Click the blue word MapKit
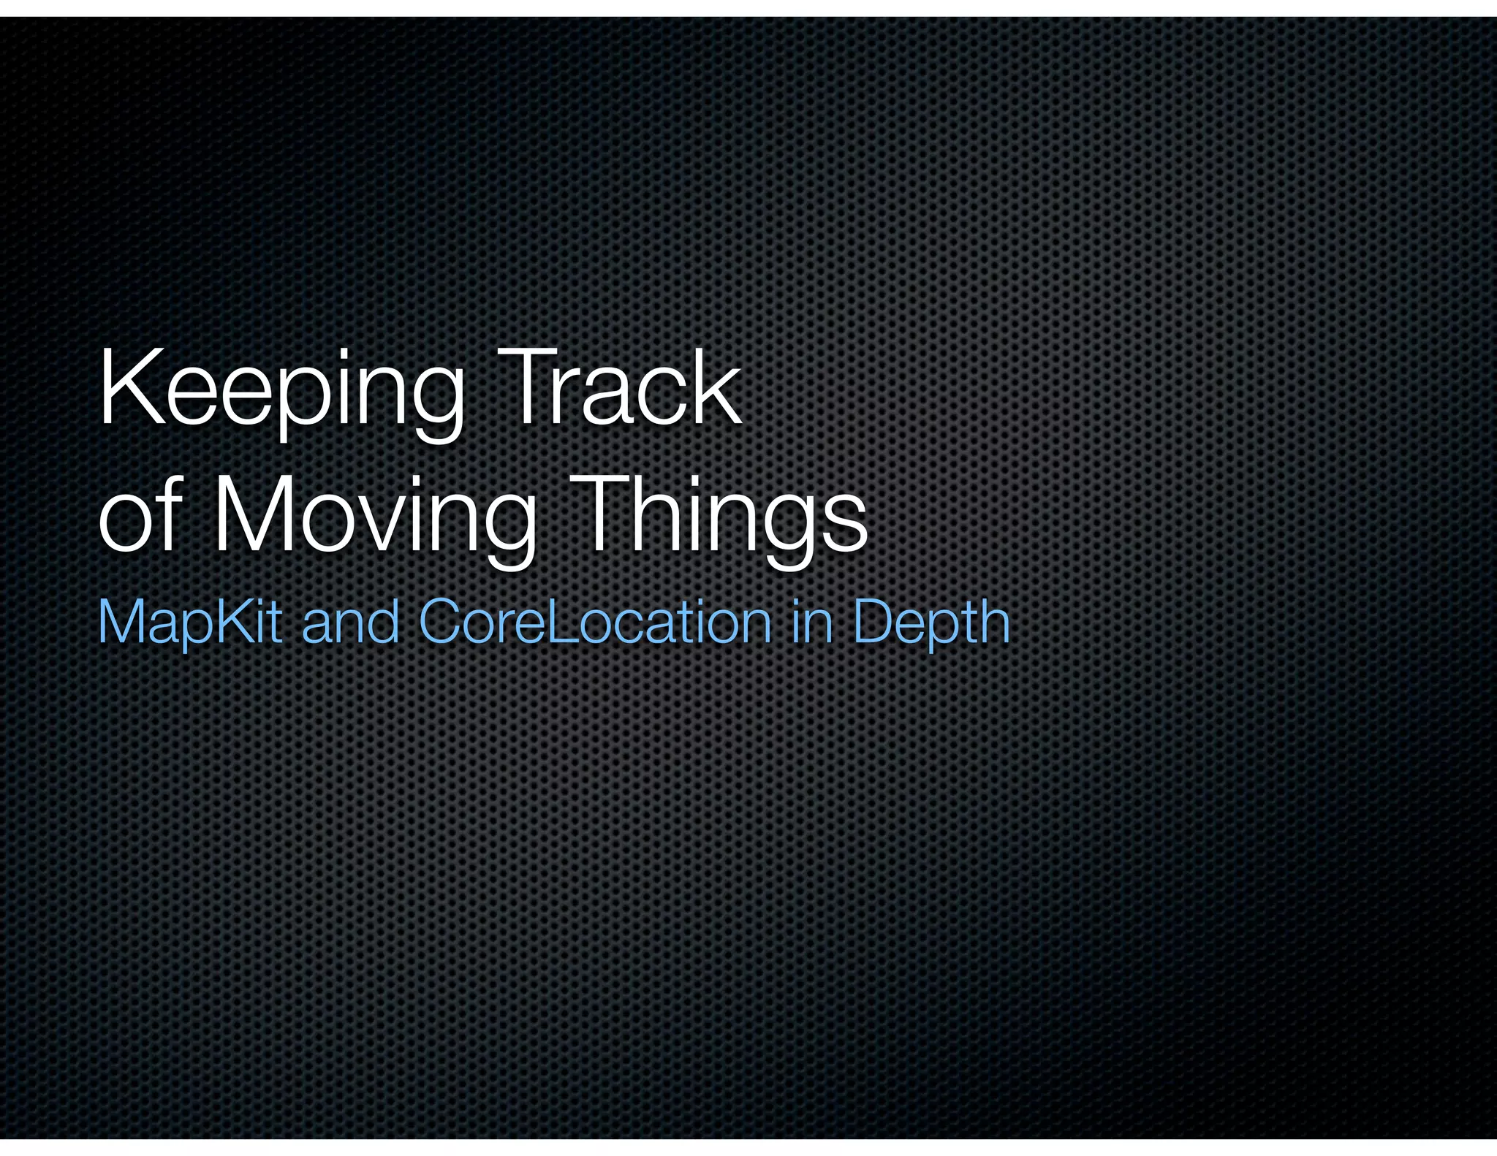click(x=189, y=622)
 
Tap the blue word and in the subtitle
click(x=350, y=622)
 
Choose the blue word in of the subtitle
click(x=811, y=622)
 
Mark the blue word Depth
click(x=931, y=622)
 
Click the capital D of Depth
click(x=874, y=622)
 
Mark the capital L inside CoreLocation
click(x=559, y=622)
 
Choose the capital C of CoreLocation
click(x=443, y=622)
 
